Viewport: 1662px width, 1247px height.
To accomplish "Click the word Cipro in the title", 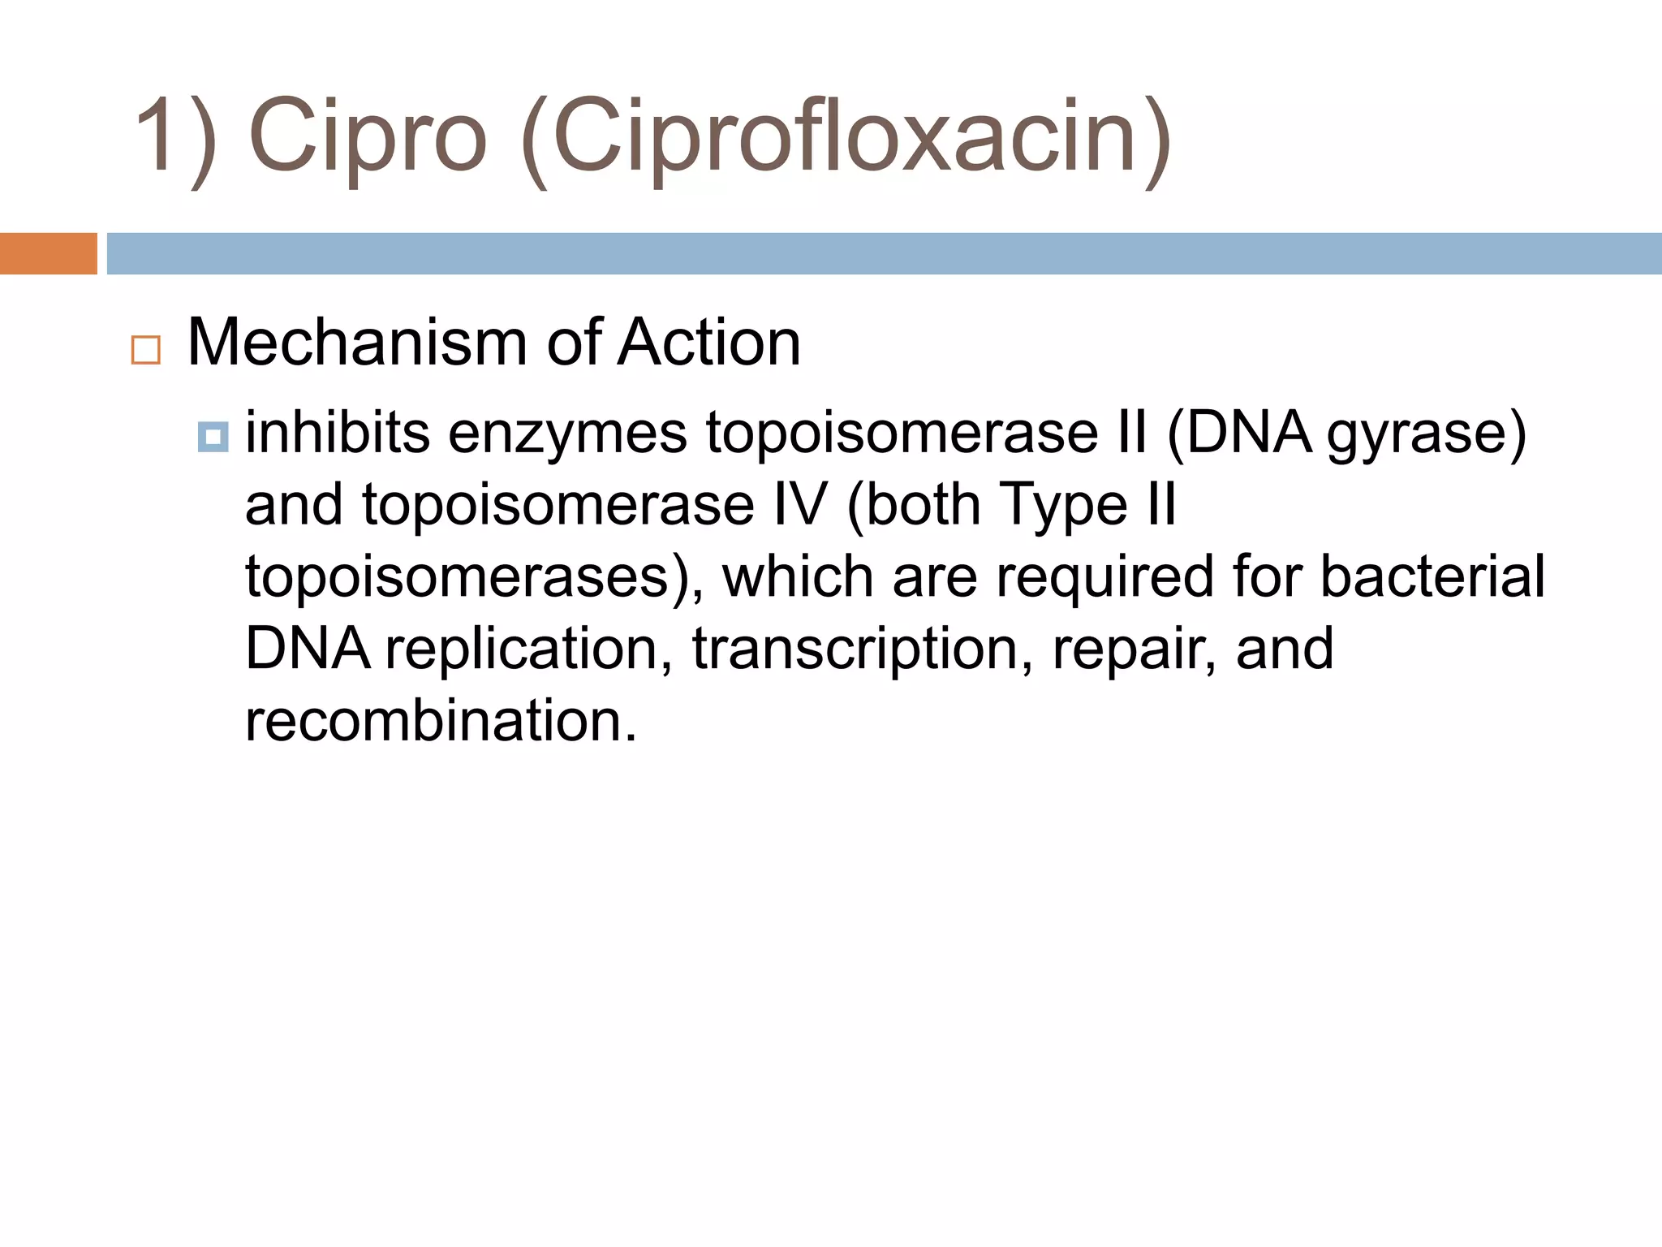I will (x=367, y=136).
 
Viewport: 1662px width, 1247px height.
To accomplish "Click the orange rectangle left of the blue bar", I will (x=48, y=253).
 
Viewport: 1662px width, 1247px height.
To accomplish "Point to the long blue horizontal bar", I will (x=884, y=253).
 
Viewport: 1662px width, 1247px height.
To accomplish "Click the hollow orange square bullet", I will (x=146, y=350).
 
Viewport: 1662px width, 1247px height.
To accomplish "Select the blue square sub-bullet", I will (x=213, y=438).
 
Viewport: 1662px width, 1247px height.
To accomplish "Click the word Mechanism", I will (x=357, y=343).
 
